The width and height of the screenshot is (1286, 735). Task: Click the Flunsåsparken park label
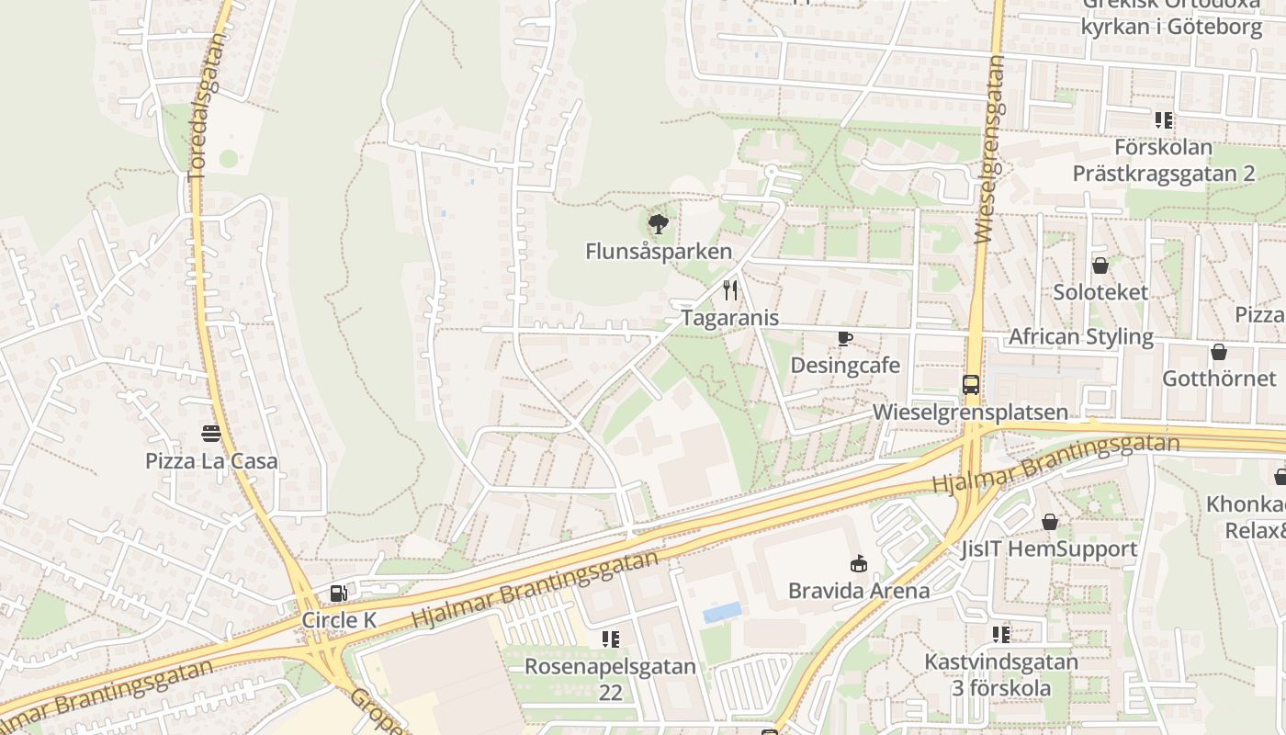tap(659, 251)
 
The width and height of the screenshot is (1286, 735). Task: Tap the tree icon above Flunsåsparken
tap(658, 223)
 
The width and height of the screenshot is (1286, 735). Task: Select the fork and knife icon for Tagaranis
tap(730, 290)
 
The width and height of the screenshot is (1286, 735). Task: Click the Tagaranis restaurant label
tap(729, 318)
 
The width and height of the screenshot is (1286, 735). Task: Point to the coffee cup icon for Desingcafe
tap(845, 338)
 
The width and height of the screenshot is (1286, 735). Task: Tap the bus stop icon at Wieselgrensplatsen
tap(971, 384)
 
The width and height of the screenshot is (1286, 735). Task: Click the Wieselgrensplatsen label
tap(970, 412)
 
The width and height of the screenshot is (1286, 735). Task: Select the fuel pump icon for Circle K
tap(339, 594)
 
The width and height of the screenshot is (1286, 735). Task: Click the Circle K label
tap(339, 620)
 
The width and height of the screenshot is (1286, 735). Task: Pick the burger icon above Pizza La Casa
tap(211, 434)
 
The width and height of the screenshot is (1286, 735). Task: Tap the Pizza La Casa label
tap(211, 460)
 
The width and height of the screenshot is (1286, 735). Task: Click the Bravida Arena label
tap(859, 591)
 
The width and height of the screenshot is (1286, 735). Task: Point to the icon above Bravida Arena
tap(859, 563)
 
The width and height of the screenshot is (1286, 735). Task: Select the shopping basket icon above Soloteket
tap(1100, 266)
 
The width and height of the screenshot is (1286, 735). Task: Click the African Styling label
tap(1080, 336)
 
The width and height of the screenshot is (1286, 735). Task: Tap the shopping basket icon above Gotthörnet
tap(1219, 352)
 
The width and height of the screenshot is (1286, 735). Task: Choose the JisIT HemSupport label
tap(1049, 549)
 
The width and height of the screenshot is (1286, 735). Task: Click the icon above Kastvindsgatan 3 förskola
tap(1001, 634)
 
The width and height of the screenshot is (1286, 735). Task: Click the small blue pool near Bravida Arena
tap(722, 612)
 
